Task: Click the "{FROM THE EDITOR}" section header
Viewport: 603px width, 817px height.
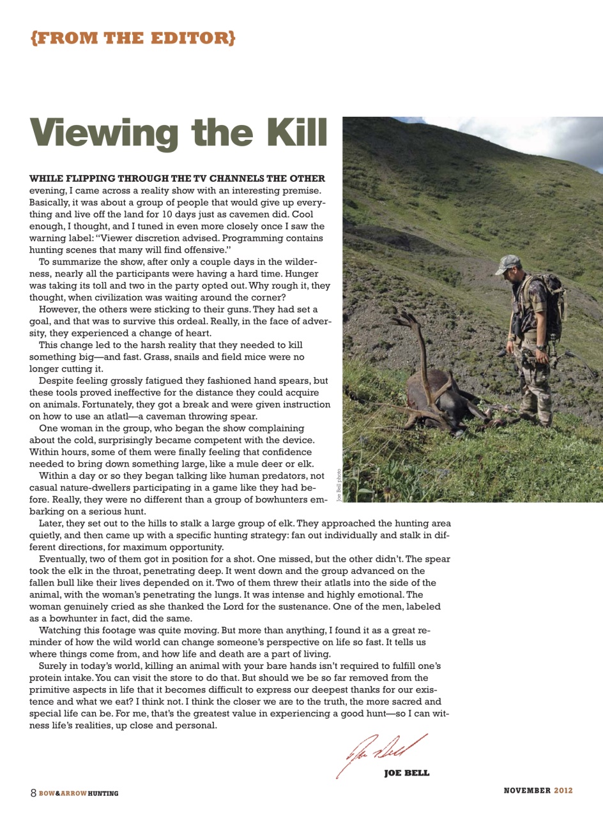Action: coord(132,38)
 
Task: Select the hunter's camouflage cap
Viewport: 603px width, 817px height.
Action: coord(508,261)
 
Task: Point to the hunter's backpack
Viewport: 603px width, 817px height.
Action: coord(551,300)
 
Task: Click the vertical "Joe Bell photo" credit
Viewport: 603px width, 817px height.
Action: coord(339,484)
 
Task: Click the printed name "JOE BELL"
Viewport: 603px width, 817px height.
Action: coord(406,774)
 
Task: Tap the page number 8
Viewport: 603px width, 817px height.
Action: coord(33,792)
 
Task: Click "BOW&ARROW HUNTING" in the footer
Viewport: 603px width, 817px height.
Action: coord(79,793)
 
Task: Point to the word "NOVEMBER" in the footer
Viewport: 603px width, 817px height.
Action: coord(527,790)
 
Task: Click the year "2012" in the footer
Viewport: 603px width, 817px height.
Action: coord(563,790)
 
